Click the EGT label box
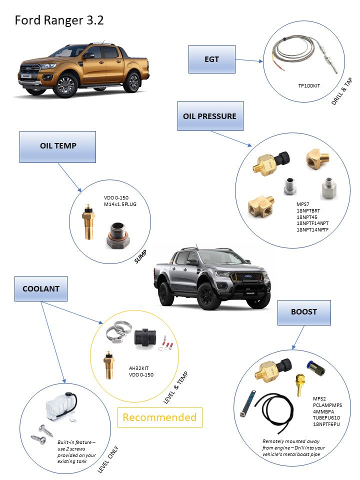[x=211, y=59]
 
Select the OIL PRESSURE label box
[x=209, y=116]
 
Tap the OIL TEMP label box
[x=57, y=146]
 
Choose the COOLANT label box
[x=40, y=288]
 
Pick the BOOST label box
[x=304, y=311]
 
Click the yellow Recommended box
[x=159, y=417]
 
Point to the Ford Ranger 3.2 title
[x=59, y=20]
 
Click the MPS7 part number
[x=302, y=204]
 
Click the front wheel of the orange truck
[x=66, y=85]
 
